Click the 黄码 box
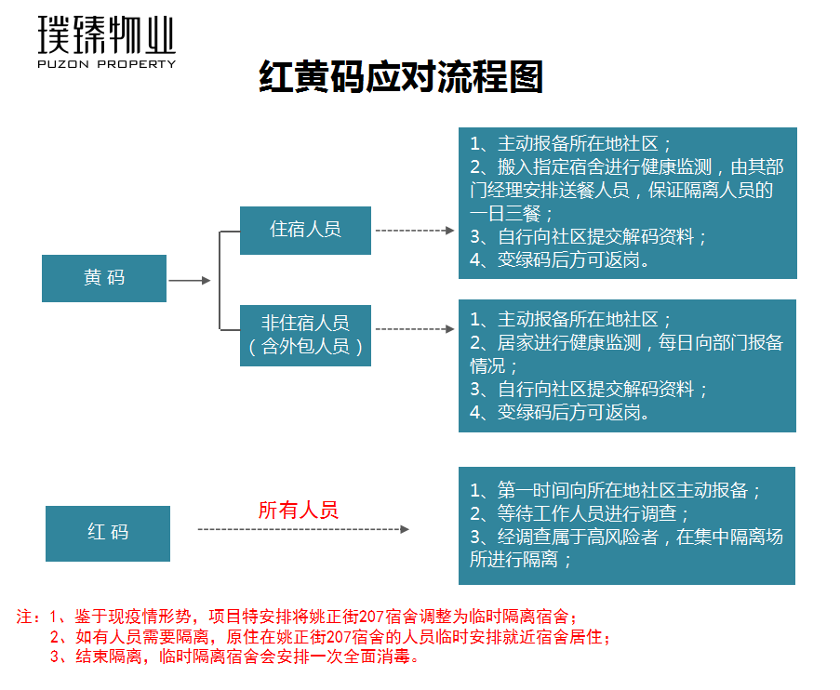104,278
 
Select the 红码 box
108,533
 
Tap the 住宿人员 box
305,230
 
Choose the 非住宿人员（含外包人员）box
305,335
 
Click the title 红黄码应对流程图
400,78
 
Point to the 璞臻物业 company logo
106,36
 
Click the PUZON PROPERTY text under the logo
106,64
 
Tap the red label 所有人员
298,510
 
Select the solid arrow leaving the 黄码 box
190,280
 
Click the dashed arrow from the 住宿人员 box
413,230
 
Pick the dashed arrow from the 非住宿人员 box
413,328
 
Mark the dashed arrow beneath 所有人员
303,529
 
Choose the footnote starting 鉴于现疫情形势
316,617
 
